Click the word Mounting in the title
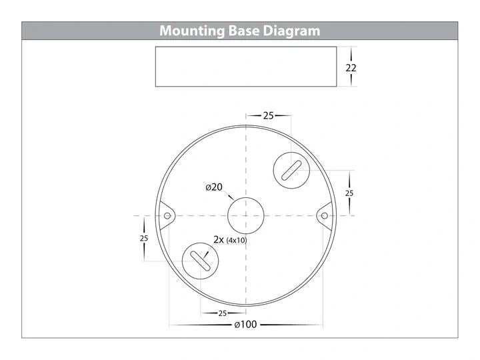coord(192,31)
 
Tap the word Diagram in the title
coord(291,31)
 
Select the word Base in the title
coord(244,31)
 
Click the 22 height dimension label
coord(351,67)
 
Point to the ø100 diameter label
coord(245,325)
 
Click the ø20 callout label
coord(214,187)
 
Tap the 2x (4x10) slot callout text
coord(230,240)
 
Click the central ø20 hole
coord(246,215)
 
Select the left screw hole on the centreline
coord(167,216)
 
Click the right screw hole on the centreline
coord(325,216)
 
